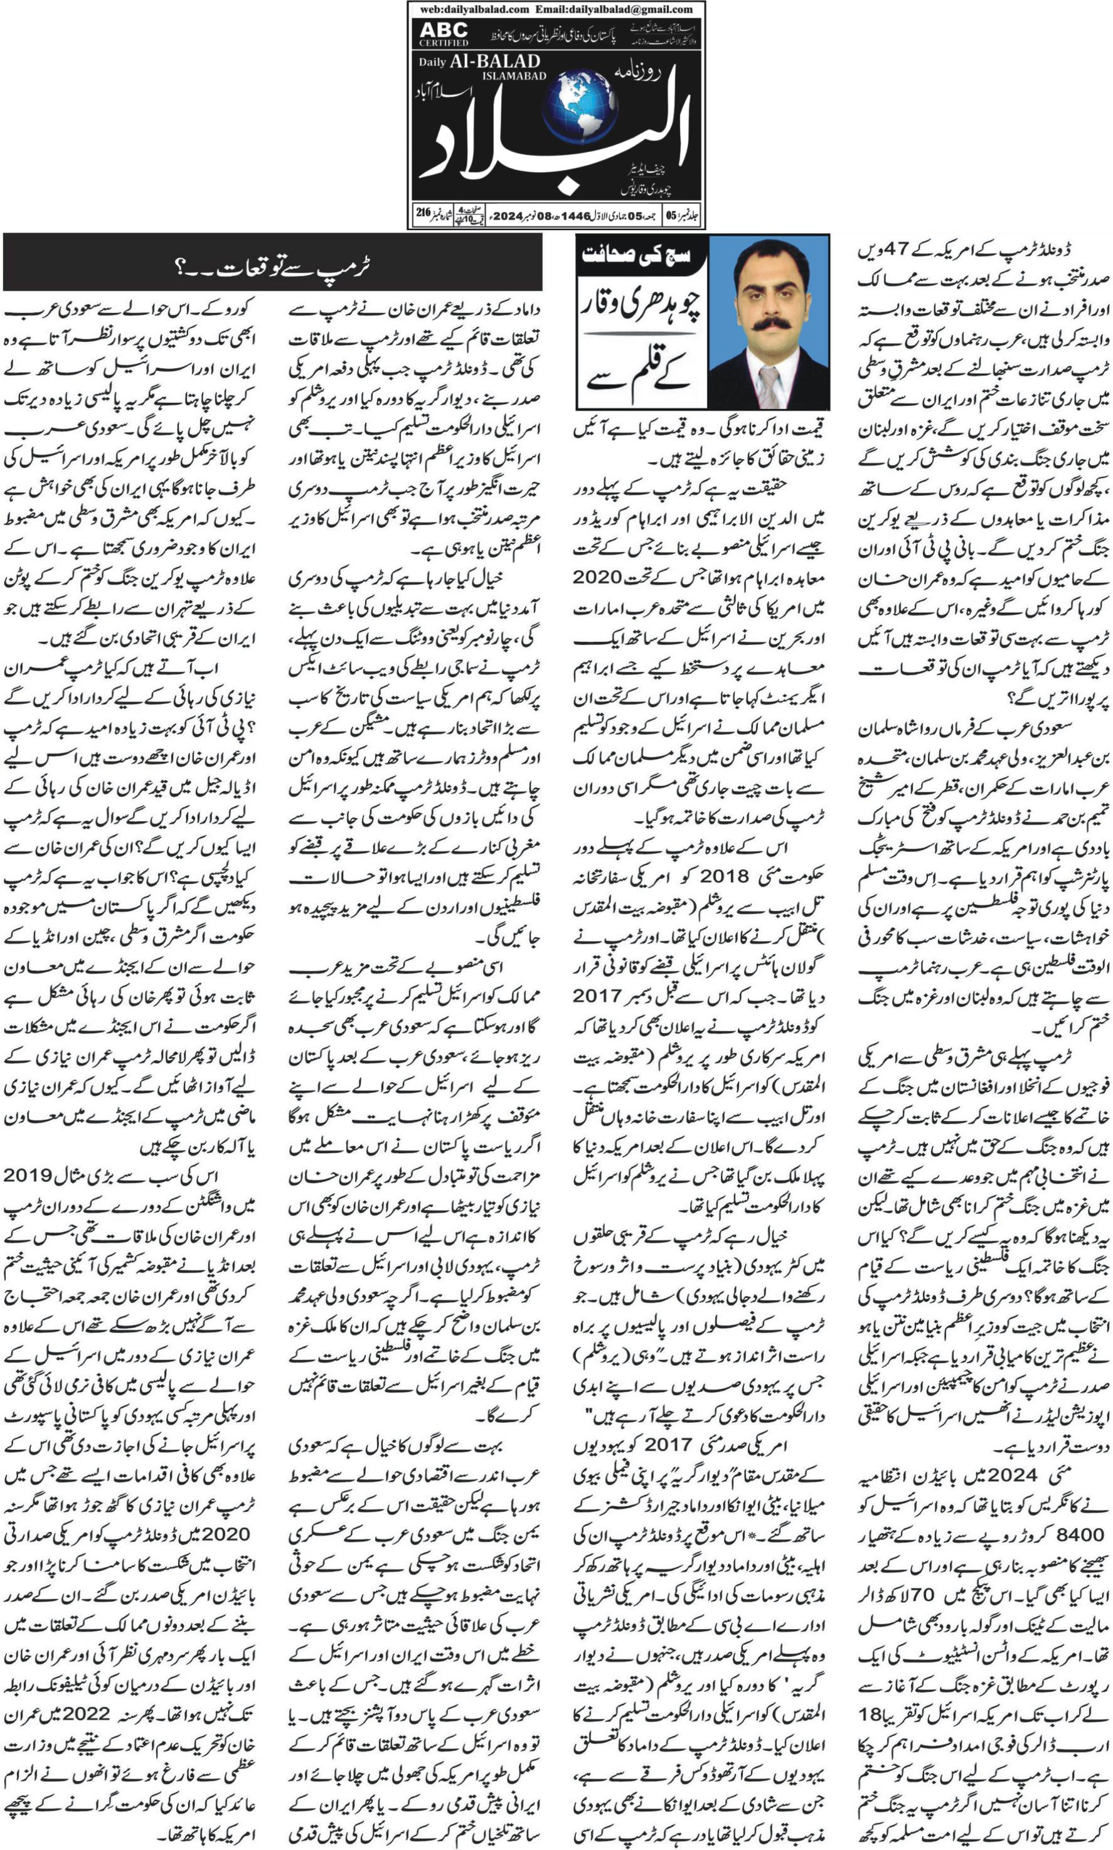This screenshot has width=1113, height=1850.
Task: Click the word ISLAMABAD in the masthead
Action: coord(514,77)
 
